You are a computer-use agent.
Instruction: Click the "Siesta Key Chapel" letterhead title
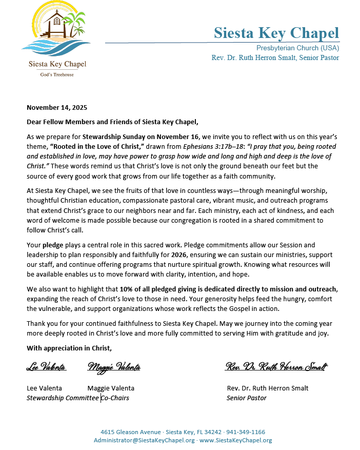(276, 33)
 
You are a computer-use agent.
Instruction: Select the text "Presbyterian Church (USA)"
(297, 48)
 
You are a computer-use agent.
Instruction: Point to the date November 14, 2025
(57, 108)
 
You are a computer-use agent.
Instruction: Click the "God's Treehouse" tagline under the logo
(57, 75)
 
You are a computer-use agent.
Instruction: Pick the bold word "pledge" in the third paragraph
(53, 245)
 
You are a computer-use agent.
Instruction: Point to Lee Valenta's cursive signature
(46, 367)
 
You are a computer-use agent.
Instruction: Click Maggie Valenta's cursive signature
(114, 367)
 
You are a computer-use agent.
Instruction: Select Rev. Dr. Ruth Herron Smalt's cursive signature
(276, 367)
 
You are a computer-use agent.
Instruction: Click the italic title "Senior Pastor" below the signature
(246, 398)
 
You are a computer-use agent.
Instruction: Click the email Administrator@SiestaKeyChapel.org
(144, 440)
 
